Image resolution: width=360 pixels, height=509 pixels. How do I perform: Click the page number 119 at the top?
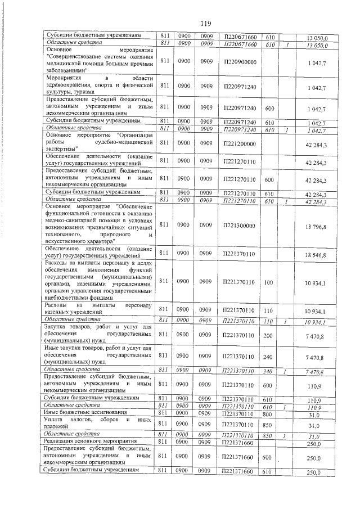point(205,24)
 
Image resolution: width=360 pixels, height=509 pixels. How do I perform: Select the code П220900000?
point(240,62)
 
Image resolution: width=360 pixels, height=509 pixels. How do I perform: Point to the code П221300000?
point(240,225)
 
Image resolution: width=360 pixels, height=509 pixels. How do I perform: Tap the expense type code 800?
point(269,413)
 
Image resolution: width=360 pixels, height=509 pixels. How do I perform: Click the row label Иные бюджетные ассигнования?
point(76,413)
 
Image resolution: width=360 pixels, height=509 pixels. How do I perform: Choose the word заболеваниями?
point(65,72)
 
